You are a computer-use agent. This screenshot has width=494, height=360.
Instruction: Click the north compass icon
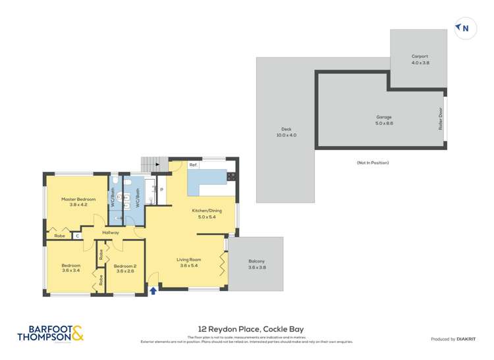coord(464,28)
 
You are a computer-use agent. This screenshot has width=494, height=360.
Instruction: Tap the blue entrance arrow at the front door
coord(153,290)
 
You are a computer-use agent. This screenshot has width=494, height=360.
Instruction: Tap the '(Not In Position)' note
coord(372,163)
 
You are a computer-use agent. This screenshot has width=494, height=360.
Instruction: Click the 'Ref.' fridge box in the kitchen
coord(194,165)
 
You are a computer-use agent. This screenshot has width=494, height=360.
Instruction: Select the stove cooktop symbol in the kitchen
coord(232,176)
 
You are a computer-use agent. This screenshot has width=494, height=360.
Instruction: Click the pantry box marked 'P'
coord(161,191)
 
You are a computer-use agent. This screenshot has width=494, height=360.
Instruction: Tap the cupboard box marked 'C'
coord(77,235)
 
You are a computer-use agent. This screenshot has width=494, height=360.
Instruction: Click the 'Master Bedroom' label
coord(78,202)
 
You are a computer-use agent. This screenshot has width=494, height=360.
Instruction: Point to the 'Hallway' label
coord(111,232)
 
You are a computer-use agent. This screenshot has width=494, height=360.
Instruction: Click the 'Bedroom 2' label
coord(125,268)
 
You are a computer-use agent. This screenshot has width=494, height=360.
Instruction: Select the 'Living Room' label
coord(188,263)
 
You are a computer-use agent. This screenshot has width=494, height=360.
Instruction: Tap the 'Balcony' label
coord(256,263)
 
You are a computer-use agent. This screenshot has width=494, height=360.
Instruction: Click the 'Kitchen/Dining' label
coord(207,213)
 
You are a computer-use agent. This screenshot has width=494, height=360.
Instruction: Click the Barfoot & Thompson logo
coord(51,334)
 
